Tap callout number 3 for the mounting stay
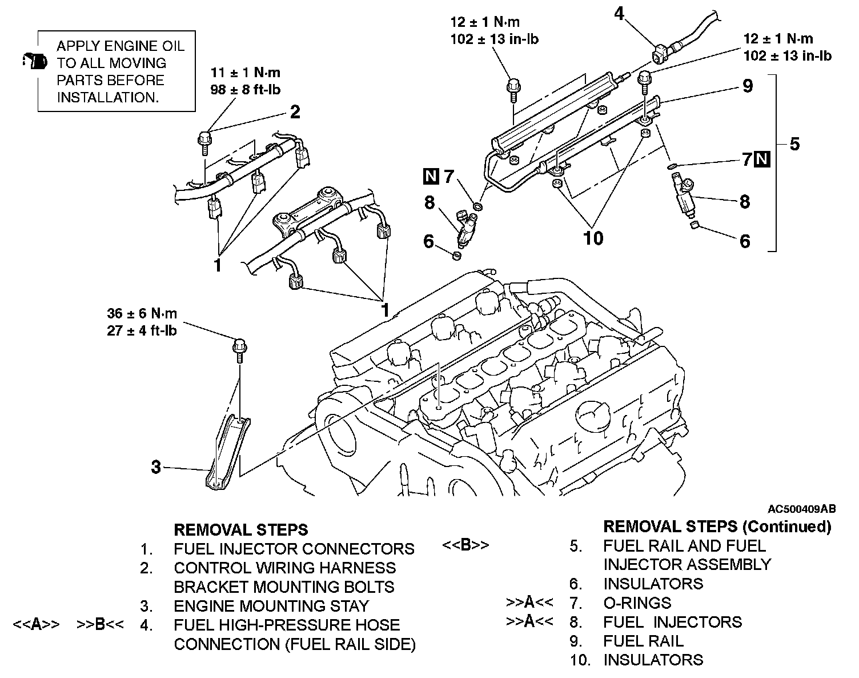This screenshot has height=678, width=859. coord(156,466)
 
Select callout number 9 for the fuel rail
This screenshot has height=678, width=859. coord(748,86)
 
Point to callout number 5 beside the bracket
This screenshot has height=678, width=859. coord(794,143)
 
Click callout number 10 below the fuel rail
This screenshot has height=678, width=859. coord(593,237)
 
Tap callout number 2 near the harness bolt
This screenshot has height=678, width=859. coord(295,111)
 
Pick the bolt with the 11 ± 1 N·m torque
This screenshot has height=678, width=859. coord(204,141)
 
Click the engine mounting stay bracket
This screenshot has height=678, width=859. coord(228,452)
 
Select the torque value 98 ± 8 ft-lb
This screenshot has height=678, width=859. coord(246,90)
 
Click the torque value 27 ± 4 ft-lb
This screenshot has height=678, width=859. coord(142,330)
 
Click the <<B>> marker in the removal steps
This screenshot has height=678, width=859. coord(465,545)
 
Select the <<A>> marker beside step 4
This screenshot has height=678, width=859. coord(36,624)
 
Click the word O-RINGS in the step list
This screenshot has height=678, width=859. coord(637,603)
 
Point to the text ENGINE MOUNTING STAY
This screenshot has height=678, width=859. coord(271,605)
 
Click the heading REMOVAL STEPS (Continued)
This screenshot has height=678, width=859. coord(717,526)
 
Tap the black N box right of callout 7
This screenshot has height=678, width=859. coord(762,159)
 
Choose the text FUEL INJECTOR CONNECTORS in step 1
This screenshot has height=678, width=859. coord(294,549)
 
